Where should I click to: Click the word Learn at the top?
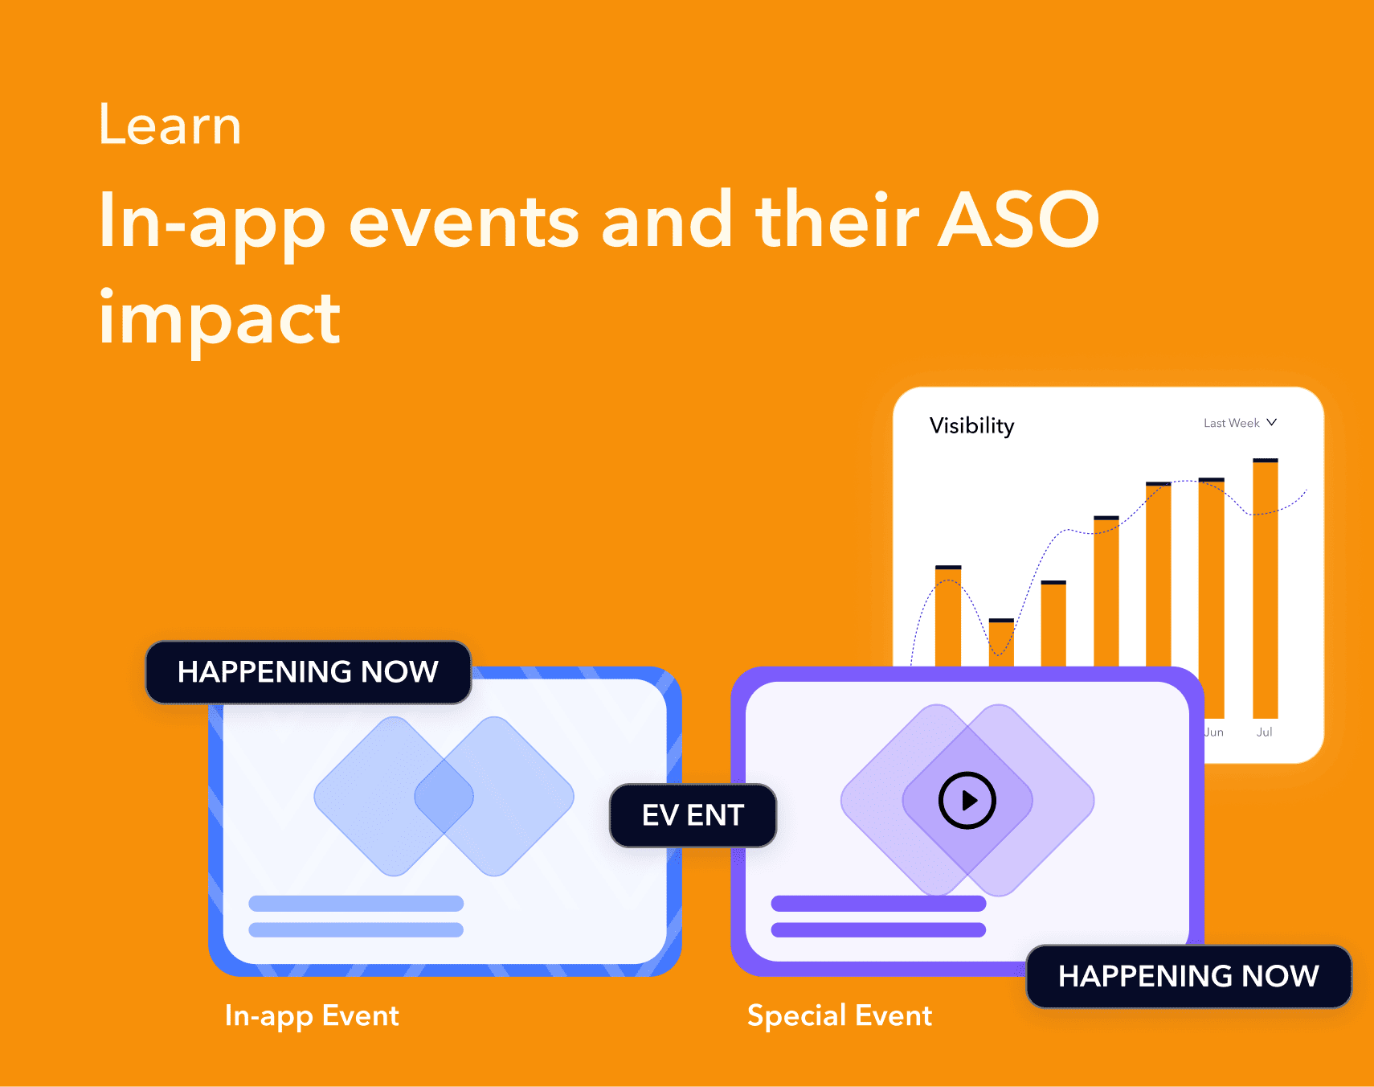pos(170,126)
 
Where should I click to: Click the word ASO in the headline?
pos(1019,220)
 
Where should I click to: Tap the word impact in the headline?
pos(219,319)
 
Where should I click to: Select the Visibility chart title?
pos(971,425)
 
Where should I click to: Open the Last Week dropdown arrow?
pos(1271,422)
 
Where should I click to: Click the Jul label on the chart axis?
pos(1264,732)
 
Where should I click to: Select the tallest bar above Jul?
pos(1265,587)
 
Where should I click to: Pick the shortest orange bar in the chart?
pos(1001,643)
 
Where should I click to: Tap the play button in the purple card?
pos(967,800)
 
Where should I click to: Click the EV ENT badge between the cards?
pos(693,815)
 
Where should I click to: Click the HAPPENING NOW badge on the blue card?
pos(308,672)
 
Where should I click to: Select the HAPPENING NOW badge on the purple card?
pos(1188,976)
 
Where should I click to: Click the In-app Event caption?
pos(312,1015)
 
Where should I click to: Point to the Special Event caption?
pos(839,1015)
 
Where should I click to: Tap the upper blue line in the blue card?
pos(356,903)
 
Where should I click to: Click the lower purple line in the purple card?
pos(878,929)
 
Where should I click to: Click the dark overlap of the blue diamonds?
pos(444,796)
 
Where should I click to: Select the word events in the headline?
pos(464,220)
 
